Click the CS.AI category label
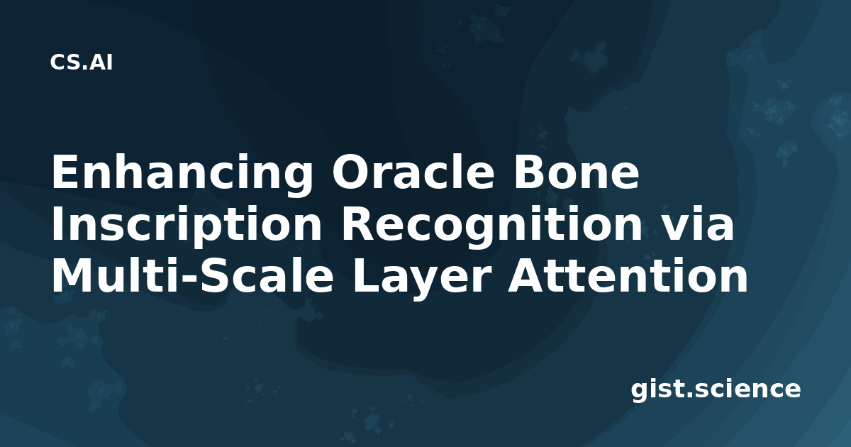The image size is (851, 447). coord(82,62)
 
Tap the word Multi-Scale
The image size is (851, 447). coord(193,275)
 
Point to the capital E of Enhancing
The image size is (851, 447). coord(65,172)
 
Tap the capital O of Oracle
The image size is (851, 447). coord(350,172)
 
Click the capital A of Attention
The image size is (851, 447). coord(525,276)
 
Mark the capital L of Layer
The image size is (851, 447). coord(366,276)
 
